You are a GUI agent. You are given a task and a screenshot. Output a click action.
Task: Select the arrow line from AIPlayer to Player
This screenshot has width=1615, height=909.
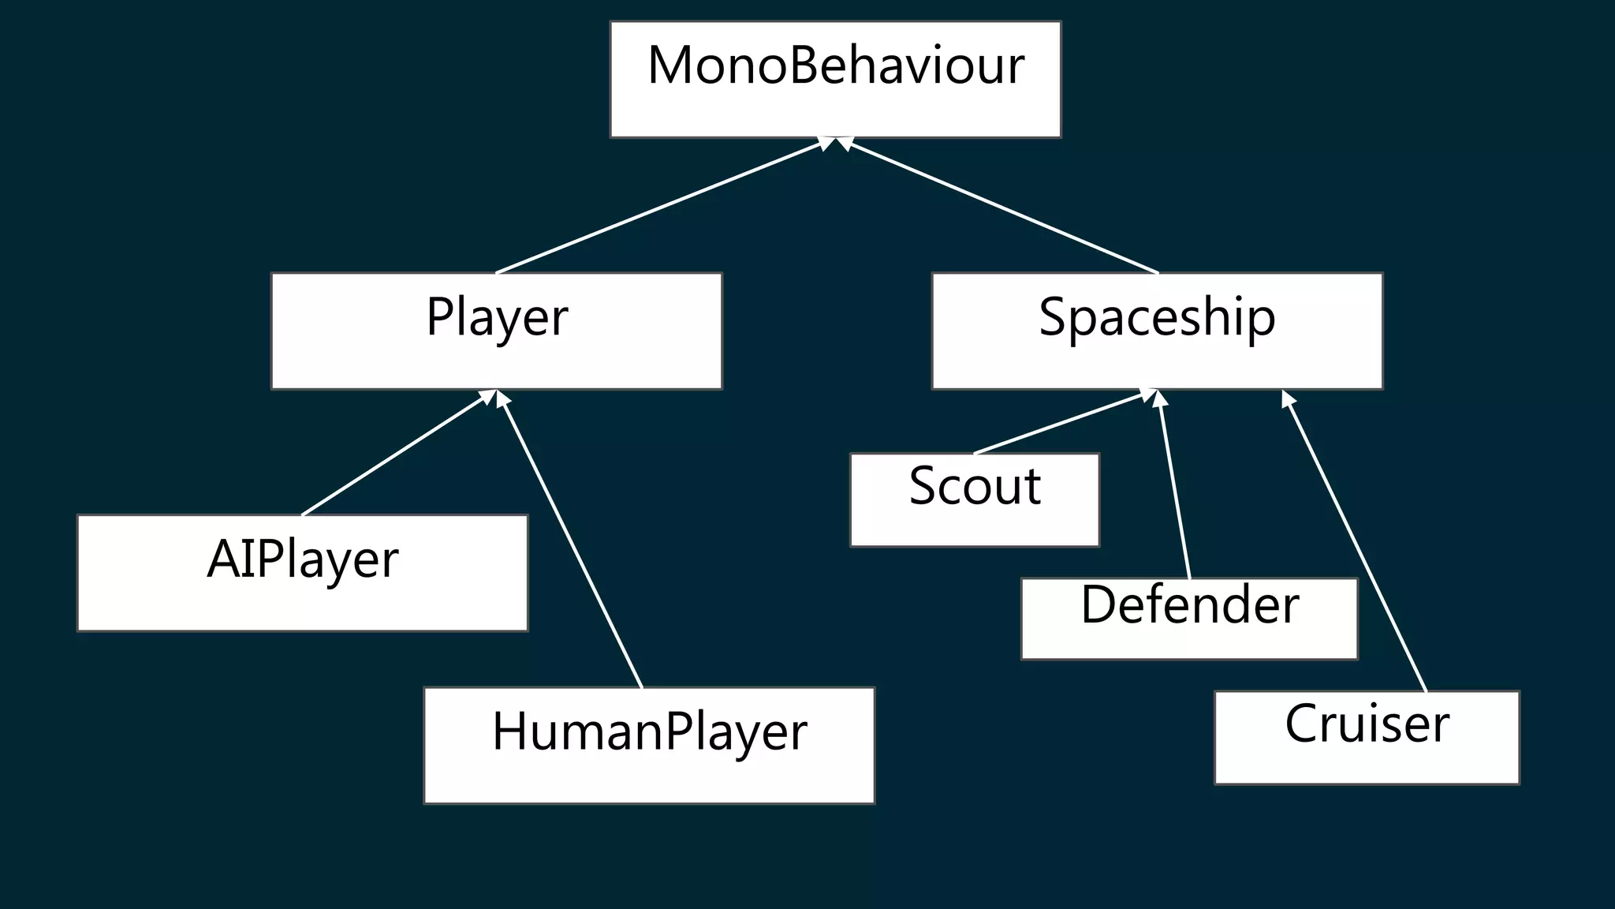pyautogui.click(x=394, y=454)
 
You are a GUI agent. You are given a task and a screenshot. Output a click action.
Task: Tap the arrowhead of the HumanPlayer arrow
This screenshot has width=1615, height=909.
pyautogui.click(x=502, y=398)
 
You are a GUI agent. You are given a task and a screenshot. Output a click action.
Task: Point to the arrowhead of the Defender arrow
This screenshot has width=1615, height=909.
pyautogui.click(x=1158, y=398)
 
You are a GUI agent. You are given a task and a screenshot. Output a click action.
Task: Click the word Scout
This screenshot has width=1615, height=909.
pyautogui.click(x=975, y=485)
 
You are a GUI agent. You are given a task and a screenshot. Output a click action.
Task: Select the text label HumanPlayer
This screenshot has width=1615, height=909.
pyautogui.click(x=649, y=731)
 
